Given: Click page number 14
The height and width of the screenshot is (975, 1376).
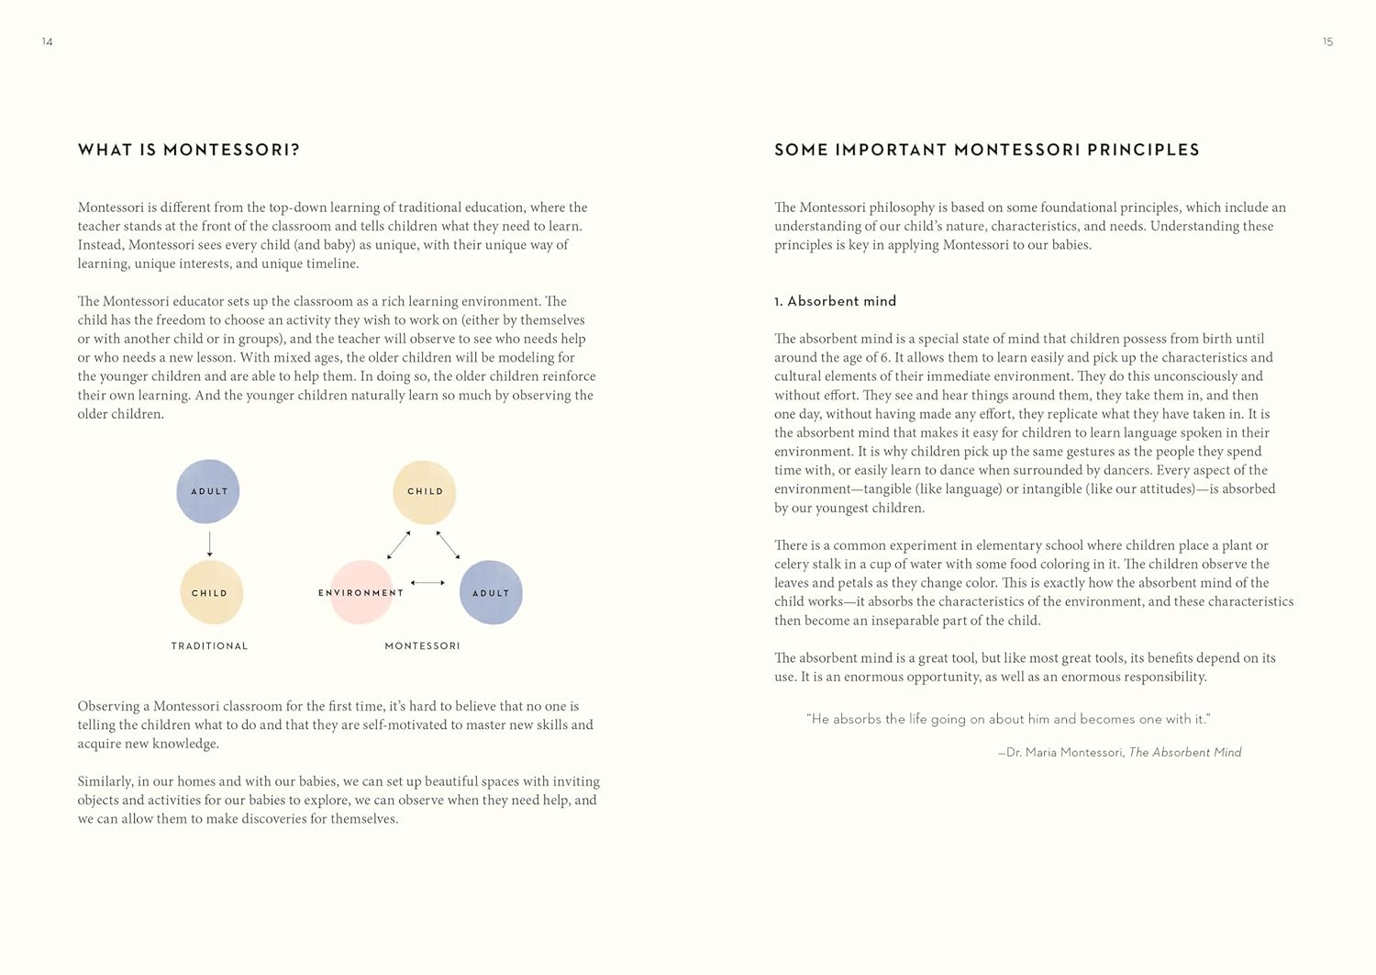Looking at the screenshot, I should pyautogui.click(x=48, y=42).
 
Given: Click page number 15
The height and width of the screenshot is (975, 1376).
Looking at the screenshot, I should pyautogui.click(x=1327, y=42).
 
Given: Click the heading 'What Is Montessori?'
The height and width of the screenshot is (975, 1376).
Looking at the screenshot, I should pyautogui.click(x=189, y=150).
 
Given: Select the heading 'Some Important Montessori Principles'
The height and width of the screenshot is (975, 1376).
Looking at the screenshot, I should pyautogui.click(x=987, y=150).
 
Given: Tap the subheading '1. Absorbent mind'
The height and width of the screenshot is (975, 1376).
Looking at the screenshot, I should pyautogui.click(x=835, y=301).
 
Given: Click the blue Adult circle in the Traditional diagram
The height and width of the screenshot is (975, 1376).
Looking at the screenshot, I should pyautogui.click(x=208, y=491).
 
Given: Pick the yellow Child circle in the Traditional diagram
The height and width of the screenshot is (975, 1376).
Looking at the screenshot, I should pyautogui.click(x=211, y=593).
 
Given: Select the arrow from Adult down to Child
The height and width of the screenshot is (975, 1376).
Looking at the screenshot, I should pyautogui.click(x=210, y=543).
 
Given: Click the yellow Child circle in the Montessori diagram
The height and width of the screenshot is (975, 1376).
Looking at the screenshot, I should pyautogui.click(x=424, y=492).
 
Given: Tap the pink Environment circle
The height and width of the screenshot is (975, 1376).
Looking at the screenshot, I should pyautogui.click(x=361, y=592).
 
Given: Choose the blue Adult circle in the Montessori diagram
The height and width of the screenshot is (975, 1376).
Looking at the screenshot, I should pyautogui.click(x=491, y=593).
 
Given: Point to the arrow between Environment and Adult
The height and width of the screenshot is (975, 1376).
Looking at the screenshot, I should pyautogui.click(x=427, y=582).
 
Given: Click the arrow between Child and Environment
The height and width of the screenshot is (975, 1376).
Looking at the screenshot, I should pyautogui.click(x=399, y=544).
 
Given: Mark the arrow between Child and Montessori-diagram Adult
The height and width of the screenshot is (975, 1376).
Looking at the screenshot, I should pyautogui.click(x=448, y=544).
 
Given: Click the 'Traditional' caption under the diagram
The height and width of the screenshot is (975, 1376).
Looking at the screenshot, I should pyautogui.click(x=209, y=646).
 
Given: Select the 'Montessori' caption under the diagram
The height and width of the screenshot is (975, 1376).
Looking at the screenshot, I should pyautogui.click(x=422, y=646).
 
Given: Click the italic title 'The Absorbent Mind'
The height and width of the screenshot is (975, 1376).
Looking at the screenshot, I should pyautogui.click(x=1184, y=753).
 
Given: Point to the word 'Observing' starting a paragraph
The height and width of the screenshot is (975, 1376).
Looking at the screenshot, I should pyautogui.click(x=108, y=706).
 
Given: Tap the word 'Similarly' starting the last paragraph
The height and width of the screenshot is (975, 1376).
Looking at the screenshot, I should pyautogui.click(x=105, y=781).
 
